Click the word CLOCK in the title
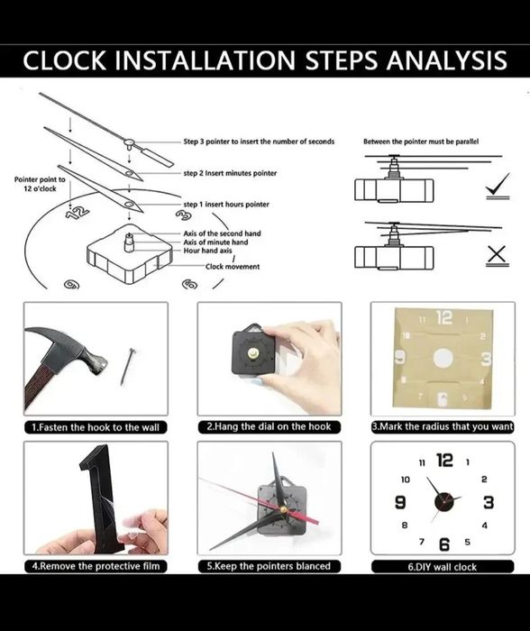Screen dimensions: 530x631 tap(64, 60)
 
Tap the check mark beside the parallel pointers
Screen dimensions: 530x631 tap(498, 186)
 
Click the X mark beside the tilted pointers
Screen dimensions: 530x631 tap(498, 255)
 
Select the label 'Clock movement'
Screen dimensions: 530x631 tap(233, 267)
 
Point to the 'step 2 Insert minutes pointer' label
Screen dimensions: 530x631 tap(230, 173)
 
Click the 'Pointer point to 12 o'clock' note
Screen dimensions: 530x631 tap(40, 184)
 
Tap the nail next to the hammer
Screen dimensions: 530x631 tap(128, 366)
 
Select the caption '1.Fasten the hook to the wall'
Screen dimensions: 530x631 tap(96, 427)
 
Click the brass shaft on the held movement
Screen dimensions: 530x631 tap(253, 353)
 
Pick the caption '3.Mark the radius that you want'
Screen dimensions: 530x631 tap(443, 426)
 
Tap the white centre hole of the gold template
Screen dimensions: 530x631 tap(443, 358)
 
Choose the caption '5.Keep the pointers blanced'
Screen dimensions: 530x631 tap(269, 566)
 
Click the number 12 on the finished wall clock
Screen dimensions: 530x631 tap(444, 460)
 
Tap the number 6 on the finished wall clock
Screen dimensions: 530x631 tap(444, 544)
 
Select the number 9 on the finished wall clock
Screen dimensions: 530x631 tap(400, 502)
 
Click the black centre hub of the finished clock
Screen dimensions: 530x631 tap(443, 503)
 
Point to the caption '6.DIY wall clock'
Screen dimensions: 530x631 tap(443, 567)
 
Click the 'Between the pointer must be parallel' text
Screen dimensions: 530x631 tap(421, 142)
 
